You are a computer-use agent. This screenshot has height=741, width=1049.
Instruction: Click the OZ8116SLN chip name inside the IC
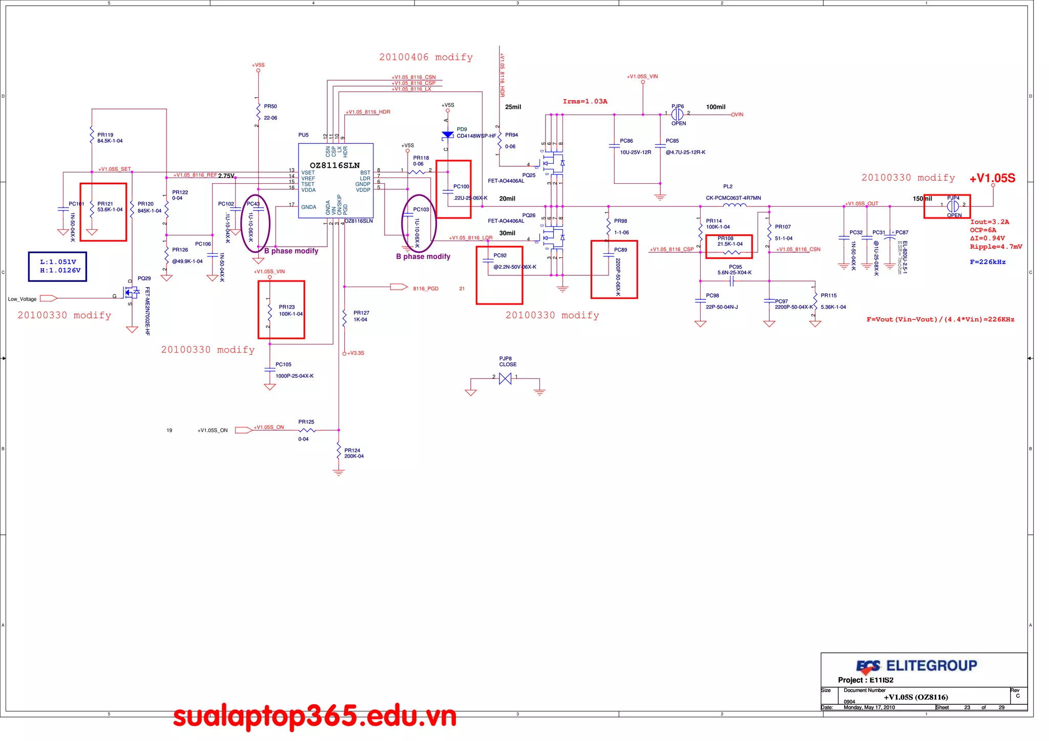334,165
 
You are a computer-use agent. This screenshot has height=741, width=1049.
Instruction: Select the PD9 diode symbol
448,135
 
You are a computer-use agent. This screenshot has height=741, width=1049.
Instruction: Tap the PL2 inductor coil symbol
735,205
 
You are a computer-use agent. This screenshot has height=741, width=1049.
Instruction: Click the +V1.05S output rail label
992,178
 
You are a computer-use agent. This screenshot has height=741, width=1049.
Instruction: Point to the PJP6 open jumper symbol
677,114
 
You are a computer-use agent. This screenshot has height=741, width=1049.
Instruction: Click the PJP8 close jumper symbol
505,379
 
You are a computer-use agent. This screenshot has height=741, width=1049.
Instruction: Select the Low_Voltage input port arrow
49,298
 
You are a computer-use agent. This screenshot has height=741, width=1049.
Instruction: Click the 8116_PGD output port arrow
398,287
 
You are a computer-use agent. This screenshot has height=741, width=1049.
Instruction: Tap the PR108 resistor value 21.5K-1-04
730,244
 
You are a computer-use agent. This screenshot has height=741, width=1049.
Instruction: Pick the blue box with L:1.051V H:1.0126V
57,266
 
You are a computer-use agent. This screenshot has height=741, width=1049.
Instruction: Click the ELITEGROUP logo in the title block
916,666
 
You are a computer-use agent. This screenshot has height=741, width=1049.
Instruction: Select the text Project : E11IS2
866,680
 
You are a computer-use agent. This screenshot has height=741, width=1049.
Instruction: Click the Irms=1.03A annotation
585,101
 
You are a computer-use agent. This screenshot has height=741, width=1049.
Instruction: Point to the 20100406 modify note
426,57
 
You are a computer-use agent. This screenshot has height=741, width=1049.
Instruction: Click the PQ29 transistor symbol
132,293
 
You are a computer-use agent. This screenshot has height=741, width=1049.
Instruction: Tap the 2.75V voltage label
226,176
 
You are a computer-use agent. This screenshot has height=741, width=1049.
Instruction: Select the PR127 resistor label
361,313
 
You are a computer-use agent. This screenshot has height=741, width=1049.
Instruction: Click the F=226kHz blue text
988,262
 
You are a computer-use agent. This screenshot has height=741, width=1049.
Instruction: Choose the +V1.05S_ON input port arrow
244,430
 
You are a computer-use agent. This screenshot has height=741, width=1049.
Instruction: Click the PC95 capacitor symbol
732,281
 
